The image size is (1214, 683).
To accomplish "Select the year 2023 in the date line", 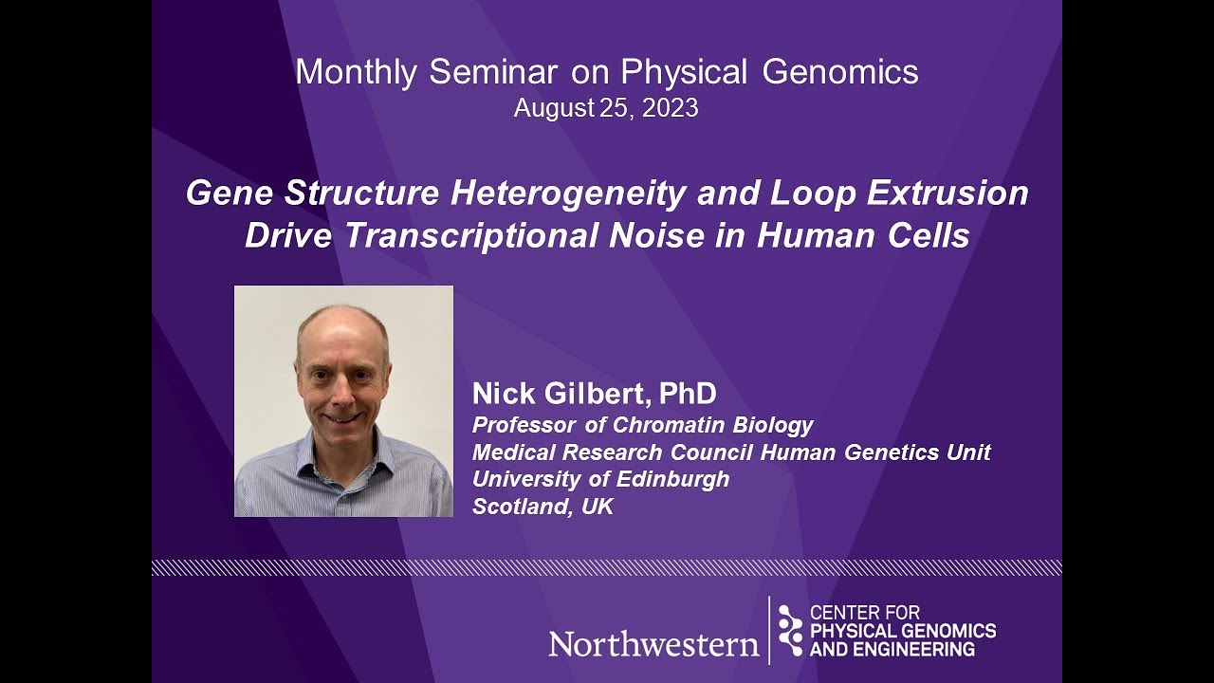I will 670,108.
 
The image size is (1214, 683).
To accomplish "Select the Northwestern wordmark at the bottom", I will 653,645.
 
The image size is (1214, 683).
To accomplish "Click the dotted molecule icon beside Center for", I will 790,631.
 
